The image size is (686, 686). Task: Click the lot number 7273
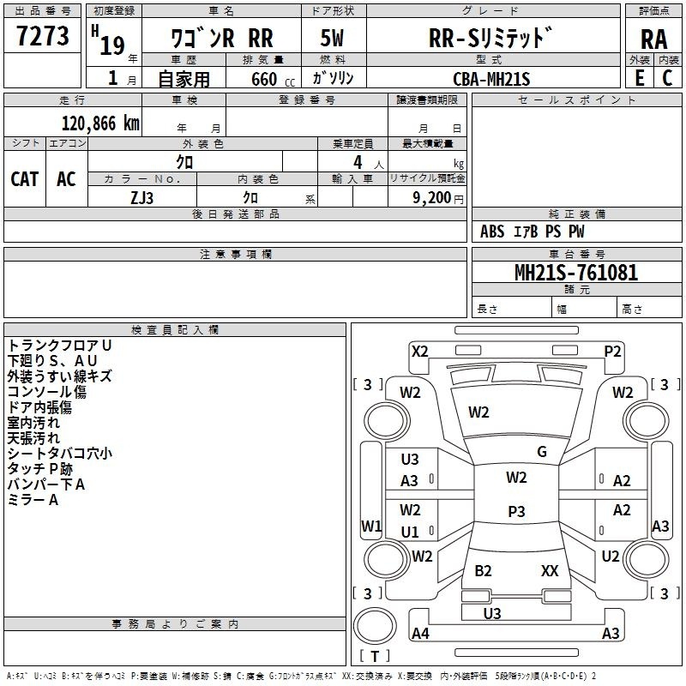42,37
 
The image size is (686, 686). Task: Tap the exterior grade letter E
639,77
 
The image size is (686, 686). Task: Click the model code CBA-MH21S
491,78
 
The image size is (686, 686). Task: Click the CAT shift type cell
25,178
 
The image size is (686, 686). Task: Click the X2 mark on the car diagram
420,351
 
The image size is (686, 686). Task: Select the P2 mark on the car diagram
612,351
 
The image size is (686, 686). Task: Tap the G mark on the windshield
542,452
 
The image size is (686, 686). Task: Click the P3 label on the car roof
516,511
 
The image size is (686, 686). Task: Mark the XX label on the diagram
550,570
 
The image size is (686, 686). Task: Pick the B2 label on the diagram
483,570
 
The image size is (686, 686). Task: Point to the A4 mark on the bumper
420,634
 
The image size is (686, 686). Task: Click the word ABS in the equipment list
492,231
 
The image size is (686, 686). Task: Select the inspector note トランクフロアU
59,345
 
